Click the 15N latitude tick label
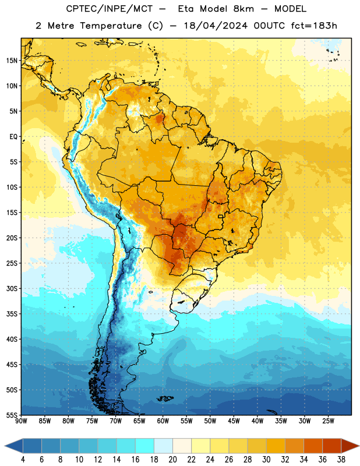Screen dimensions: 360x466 [x=12, y=61]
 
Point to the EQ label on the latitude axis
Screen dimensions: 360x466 [x=13, y=137]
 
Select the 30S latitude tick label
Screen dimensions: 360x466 [x=12, y=288]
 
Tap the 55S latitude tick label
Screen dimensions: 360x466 [x=12, y=415]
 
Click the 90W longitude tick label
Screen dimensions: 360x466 [x=21, y=421]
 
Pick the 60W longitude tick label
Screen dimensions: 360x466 [x=163, y=421]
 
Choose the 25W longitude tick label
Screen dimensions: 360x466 [x=328, y=421]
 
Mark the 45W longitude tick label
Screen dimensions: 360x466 [x=234, y=421]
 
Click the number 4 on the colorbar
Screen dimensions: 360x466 [x=23, y=460]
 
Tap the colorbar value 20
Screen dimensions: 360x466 [x=172, y=460]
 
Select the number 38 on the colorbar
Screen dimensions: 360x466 [x=341, y=460]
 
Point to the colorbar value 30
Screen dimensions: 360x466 [x=266, y=460]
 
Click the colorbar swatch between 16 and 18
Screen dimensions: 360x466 [x=145, y=446]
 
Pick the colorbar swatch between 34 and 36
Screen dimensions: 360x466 [x=313, y=446]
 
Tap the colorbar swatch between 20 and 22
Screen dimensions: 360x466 [x=182, y=446]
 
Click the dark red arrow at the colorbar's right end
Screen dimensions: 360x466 [x=350, y=446]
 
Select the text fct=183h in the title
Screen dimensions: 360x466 [x=314, y=26]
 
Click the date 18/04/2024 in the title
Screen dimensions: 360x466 [x=216, y=26]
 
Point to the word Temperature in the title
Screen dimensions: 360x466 [x=111, y=26]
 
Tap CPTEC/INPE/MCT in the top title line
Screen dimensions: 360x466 [x=109, y=9]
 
